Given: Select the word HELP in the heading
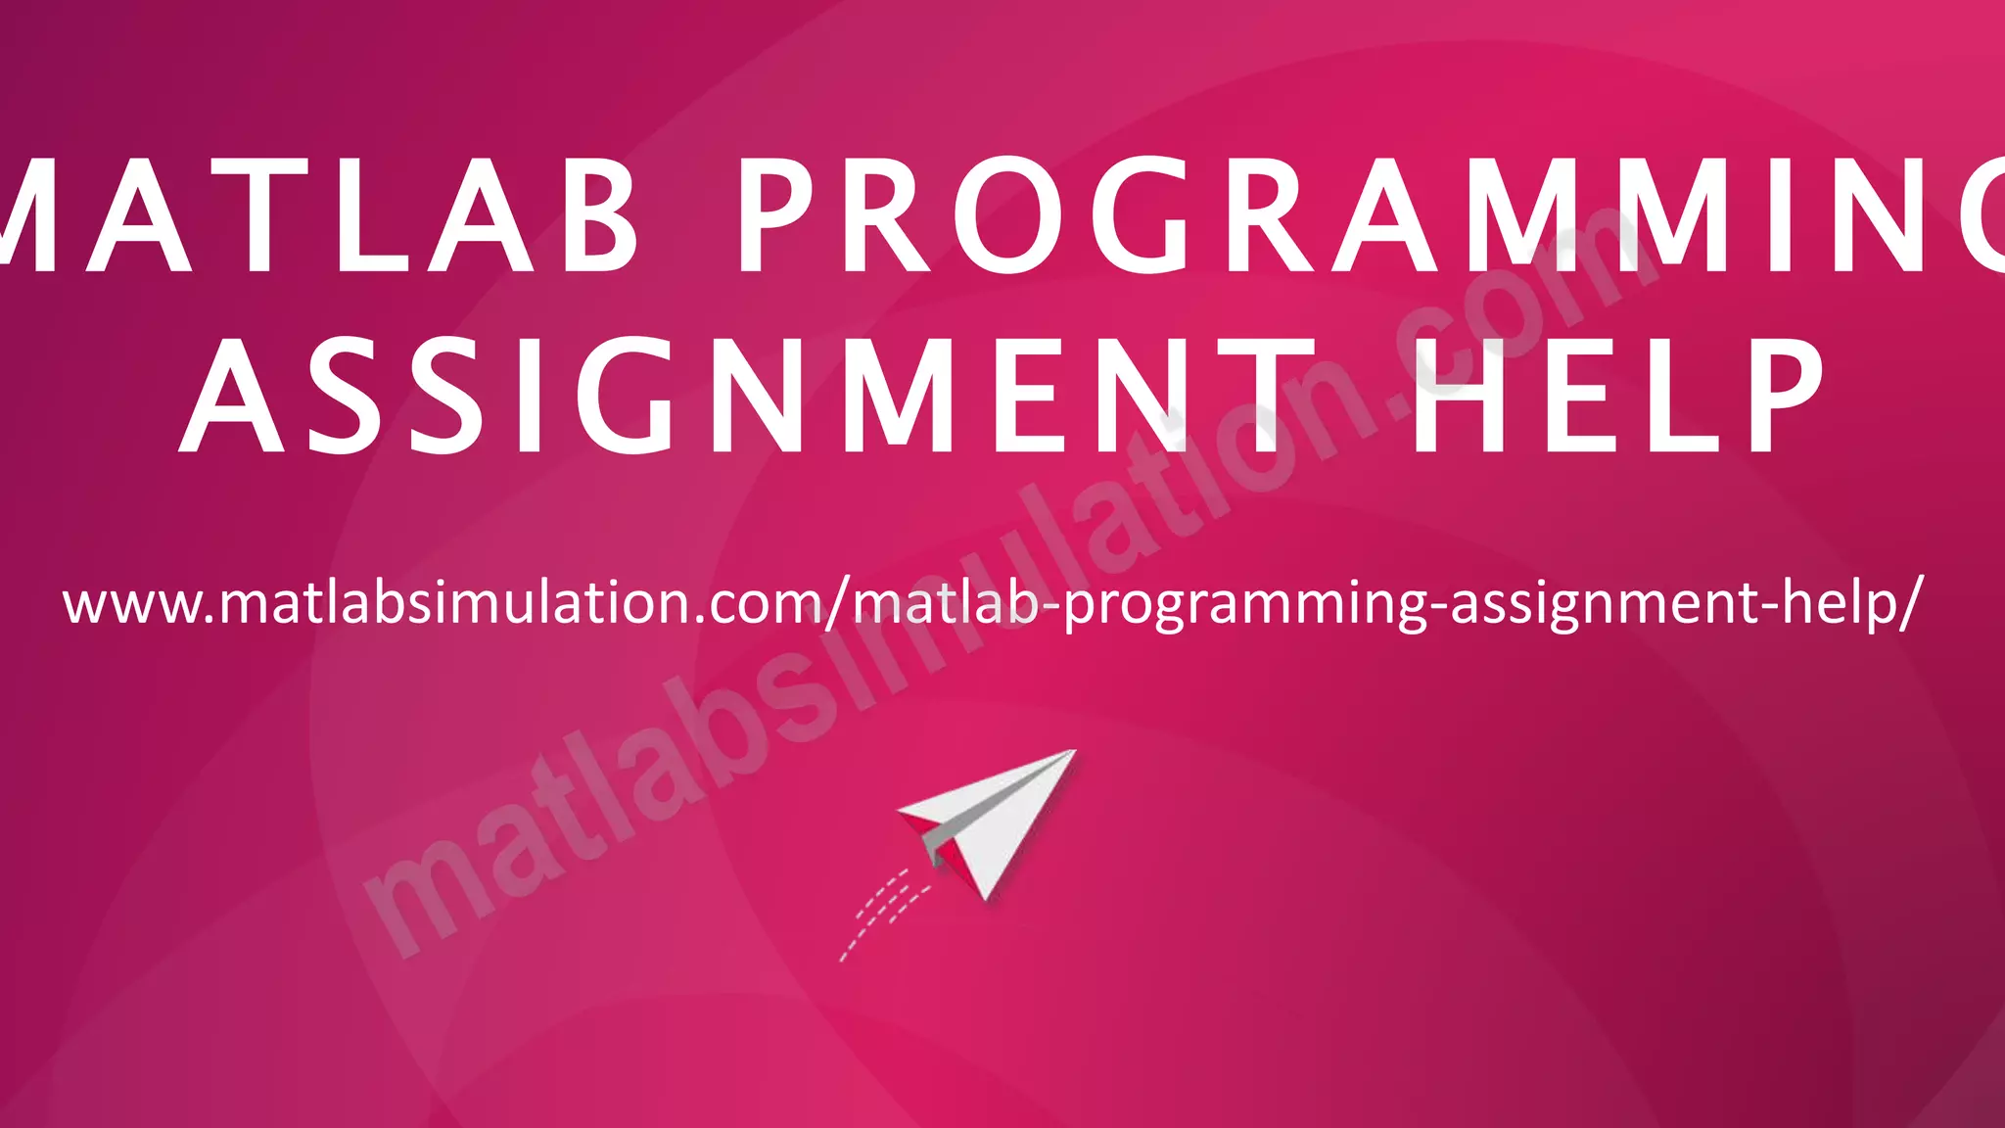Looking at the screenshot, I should click(1615, 396).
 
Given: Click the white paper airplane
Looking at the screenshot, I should click(989, 818).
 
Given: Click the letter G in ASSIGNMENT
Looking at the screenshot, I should click(627, 396).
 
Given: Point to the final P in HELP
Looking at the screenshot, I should click(1778, 396).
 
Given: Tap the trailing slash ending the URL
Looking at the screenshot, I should click(1907, 602).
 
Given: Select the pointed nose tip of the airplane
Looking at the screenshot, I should click(1073, 752).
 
